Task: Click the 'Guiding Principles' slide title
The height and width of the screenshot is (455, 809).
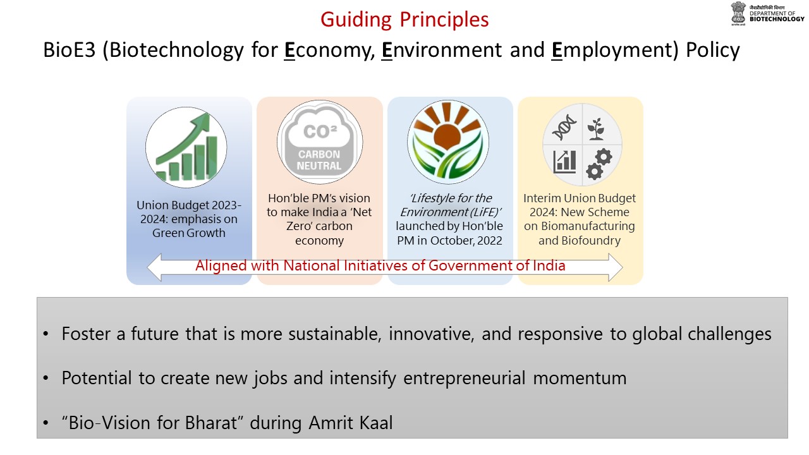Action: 404,20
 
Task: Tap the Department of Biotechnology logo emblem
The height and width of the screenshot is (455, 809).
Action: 738,13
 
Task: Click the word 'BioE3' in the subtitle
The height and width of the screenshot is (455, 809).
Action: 70,50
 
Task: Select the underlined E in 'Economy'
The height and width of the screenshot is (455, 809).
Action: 290,50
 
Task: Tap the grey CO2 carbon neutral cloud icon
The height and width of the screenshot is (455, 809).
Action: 319,143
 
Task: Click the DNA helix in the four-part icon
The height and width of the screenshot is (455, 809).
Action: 564,128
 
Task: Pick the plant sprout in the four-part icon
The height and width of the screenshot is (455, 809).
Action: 595,128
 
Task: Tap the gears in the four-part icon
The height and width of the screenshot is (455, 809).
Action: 597,164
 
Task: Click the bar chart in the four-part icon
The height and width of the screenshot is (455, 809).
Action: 564,161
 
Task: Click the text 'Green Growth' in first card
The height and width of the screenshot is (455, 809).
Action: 189,233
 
